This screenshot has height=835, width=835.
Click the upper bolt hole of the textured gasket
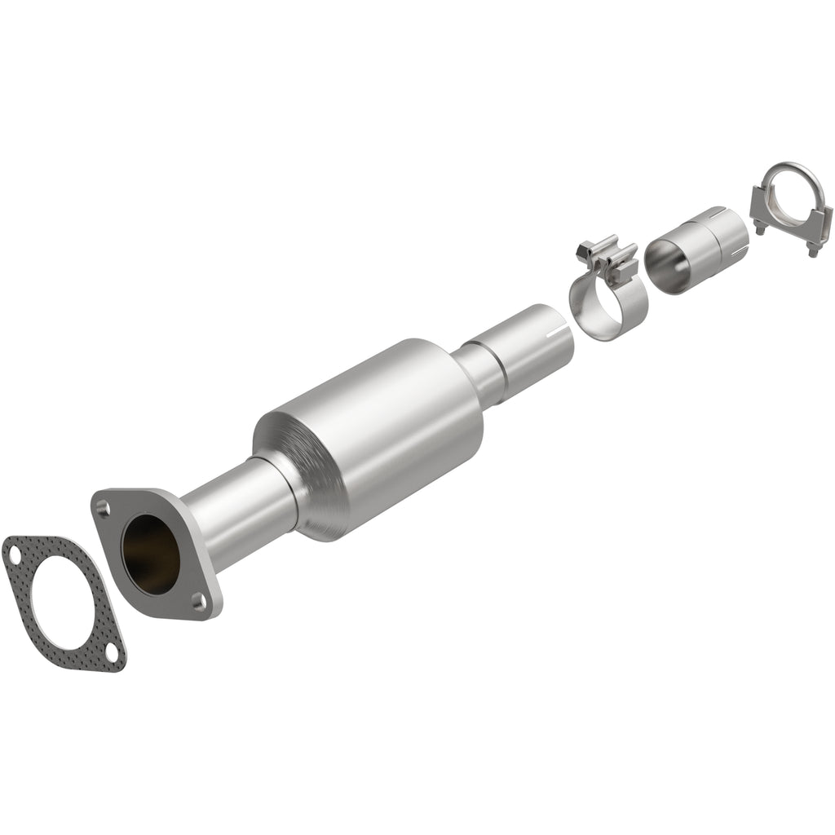[x=14, y=551]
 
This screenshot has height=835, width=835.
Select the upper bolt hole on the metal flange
[x=102, y=508]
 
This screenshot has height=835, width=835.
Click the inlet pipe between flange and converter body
[x=236, y=515]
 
